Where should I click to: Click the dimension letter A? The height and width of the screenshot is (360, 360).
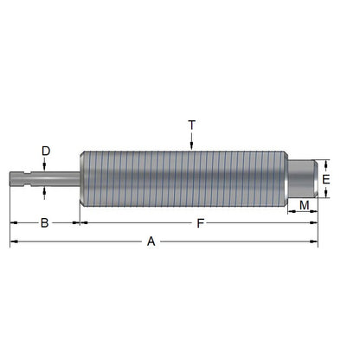click(x=151, y=242)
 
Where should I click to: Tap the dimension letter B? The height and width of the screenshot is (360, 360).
click(x=44, y=223)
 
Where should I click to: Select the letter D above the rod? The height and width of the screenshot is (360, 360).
click(x=45, y=151)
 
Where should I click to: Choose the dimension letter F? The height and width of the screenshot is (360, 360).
click(x=200, y=223)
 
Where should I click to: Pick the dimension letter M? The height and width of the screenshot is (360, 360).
click(x=304, y=204)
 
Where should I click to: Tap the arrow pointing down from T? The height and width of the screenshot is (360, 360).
click(x=191, y=143)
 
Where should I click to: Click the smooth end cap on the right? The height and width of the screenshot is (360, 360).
click(x=302, y=179)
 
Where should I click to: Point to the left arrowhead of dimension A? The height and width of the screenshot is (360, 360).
click(x=13, y=241)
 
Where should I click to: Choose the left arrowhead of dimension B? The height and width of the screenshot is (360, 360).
click(x=13, y=223)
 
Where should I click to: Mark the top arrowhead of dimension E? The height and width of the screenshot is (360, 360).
click(x=325, y=164)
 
